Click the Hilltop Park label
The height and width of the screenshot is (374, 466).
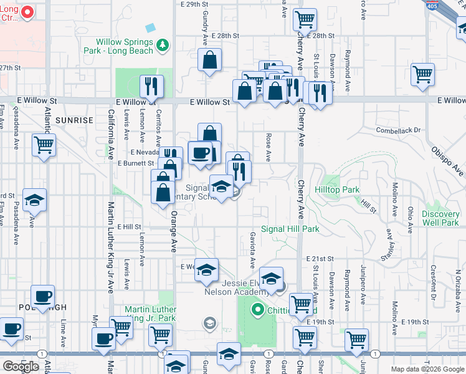click(337, 189)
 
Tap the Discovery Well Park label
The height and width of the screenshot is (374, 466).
click(440, 218)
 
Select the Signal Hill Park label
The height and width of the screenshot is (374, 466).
click(290, 229)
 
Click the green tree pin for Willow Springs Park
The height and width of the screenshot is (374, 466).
click(163, 44)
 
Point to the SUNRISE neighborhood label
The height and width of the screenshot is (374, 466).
click(74, 120)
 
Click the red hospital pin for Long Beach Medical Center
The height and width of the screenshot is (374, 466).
click(27, 12)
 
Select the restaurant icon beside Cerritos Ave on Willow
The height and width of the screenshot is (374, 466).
click(151, 86)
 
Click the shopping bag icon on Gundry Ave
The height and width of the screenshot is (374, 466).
click(211, 60)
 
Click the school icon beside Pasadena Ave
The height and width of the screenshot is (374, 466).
click(34, 200)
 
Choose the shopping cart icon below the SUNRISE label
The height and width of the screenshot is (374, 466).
click(44, 145)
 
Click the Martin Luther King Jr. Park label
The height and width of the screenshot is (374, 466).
click(150, 314)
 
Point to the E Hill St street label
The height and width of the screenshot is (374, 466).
click(129, 228)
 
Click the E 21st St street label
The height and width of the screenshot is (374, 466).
click(320, 258)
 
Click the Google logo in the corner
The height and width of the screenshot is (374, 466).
click(21, 367)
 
